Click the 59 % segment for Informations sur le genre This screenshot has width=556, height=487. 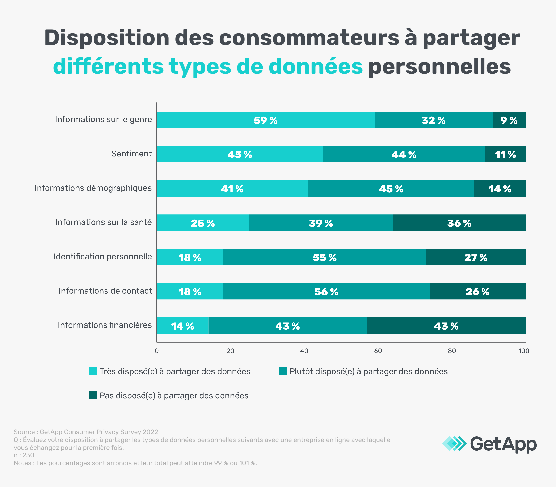click(x=265, y=120)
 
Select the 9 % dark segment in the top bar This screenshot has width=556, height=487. click(x=509, y=120)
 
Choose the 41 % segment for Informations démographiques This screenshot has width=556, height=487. click(x=232, y=188)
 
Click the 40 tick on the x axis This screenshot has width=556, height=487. click(x=304, y=351)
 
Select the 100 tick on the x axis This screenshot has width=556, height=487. click(x=524, y=351)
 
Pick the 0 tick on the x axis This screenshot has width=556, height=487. click(x=157, y=351)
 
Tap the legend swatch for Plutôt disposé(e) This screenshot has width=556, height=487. click(x=283, y=371)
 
